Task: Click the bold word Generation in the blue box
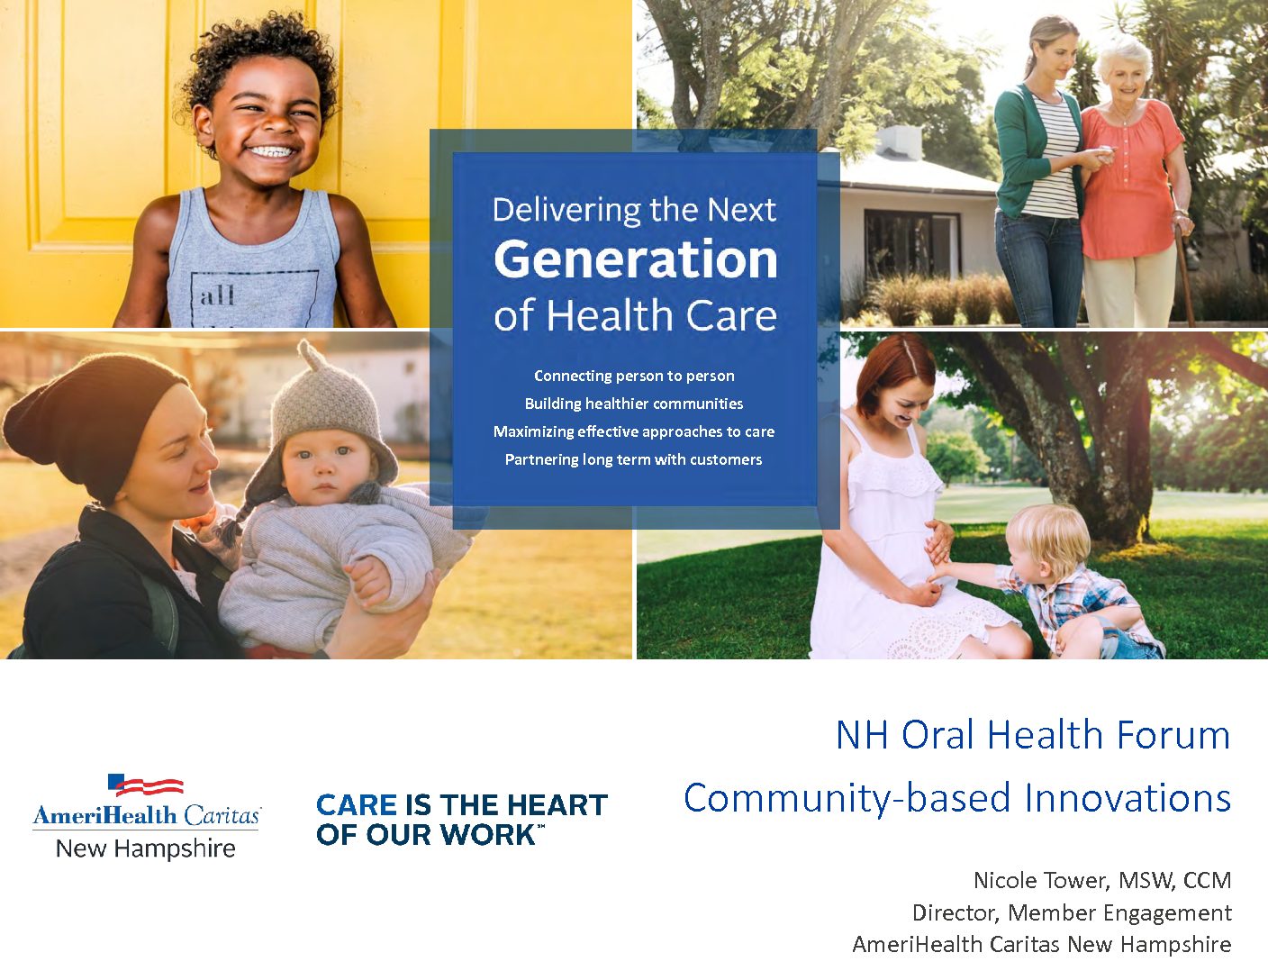tap(636, 260)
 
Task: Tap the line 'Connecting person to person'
tap(634, 376)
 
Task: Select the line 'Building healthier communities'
tap(634, 404)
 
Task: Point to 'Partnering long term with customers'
tap(633, 460)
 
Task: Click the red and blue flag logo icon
tap(145, 785)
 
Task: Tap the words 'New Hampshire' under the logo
tap(145, 848)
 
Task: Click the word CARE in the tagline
tap(357, 805)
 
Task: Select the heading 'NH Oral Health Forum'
tap(1034, 734)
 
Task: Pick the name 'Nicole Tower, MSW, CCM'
tap(1102, 881)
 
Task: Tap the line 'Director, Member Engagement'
tap(1072, 912)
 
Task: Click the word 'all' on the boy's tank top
tap(217, 295)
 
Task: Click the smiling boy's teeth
tap(271, 151)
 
